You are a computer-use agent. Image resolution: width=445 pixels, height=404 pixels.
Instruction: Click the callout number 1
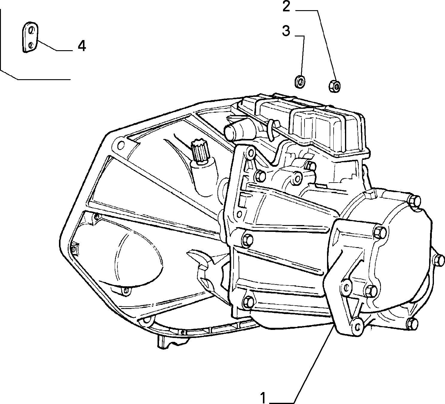(263, 398)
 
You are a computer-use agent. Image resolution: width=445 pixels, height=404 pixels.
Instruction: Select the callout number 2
(286, 7)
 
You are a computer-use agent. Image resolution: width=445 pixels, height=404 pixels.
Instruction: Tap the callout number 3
(286, 31)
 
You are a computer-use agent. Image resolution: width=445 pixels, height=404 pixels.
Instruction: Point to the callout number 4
(82, 46)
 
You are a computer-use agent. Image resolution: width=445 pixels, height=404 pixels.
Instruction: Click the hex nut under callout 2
(334, 86)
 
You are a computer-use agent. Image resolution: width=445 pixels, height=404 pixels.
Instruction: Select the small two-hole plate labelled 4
(30, 37)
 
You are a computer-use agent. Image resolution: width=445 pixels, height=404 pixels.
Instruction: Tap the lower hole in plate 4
(31, 45)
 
